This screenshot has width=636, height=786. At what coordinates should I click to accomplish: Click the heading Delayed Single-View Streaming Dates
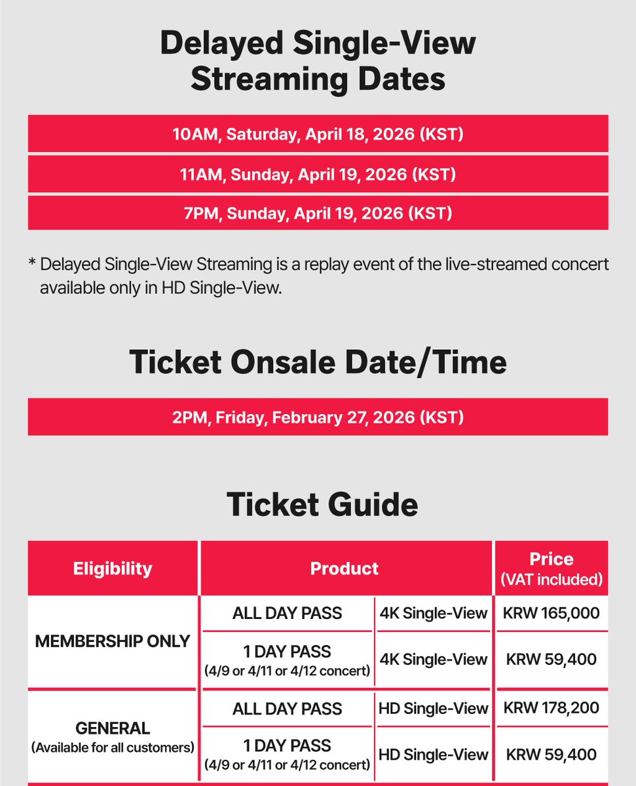(318, 62)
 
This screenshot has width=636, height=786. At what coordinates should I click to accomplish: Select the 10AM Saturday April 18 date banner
(318, 135)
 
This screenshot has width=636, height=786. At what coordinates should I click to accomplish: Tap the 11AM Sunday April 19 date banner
(318, 175)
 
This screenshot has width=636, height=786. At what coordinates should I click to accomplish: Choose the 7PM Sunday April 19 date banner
(318, 214)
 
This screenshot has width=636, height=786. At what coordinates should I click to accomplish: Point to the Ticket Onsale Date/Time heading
(318, 362)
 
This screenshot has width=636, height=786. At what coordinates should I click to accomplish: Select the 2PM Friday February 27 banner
(318, 417)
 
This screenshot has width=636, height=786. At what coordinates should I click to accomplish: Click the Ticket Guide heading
(322, 505)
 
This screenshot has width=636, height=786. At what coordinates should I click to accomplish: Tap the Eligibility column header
(113, 569)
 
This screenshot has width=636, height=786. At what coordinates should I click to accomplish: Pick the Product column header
(345, 569)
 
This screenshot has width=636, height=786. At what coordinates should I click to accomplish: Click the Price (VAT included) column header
(551, 569)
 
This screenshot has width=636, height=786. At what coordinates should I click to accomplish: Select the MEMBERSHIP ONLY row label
(112, 641)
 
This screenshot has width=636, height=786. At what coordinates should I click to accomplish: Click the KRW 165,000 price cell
(551, 614)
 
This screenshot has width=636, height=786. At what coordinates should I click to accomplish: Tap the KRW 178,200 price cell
(551, 708)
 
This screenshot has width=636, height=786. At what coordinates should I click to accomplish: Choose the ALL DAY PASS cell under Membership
(287, 614)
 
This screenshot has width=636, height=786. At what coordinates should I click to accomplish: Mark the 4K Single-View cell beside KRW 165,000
(434, 614)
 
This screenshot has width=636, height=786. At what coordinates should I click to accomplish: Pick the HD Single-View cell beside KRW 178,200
(434, 708)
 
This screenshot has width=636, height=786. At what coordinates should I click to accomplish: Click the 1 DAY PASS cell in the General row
(287, 754)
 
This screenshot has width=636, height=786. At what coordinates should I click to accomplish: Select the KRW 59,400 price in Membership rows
(551, 659)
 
